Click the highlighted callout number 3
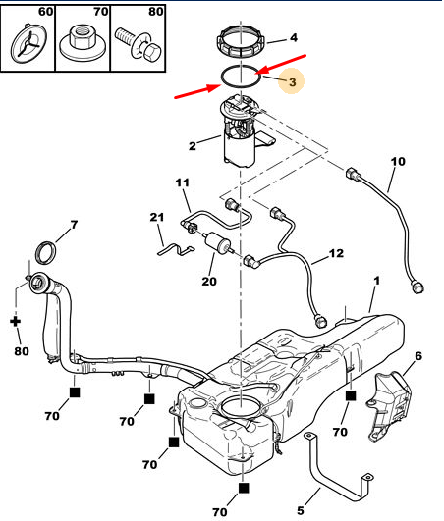[293, 82]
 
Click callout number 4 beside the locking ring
[294, 38]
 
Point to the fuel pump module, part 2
[241, 131]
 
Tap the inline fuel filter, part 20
[218, 242]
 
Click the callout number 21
[156, 217]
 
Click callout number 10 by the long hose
[398, 162]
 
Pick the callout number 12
[336, 253]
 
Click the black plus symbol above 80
[15, 321]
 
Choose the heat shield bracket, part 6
[389, 406]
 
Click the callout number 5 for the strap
[301, 510]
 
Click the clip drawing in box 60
[29, 42]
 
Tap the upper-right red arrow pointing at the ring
[281, 64]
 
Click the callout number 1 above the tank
[376, 281]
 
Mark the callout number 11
[183, 182]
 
